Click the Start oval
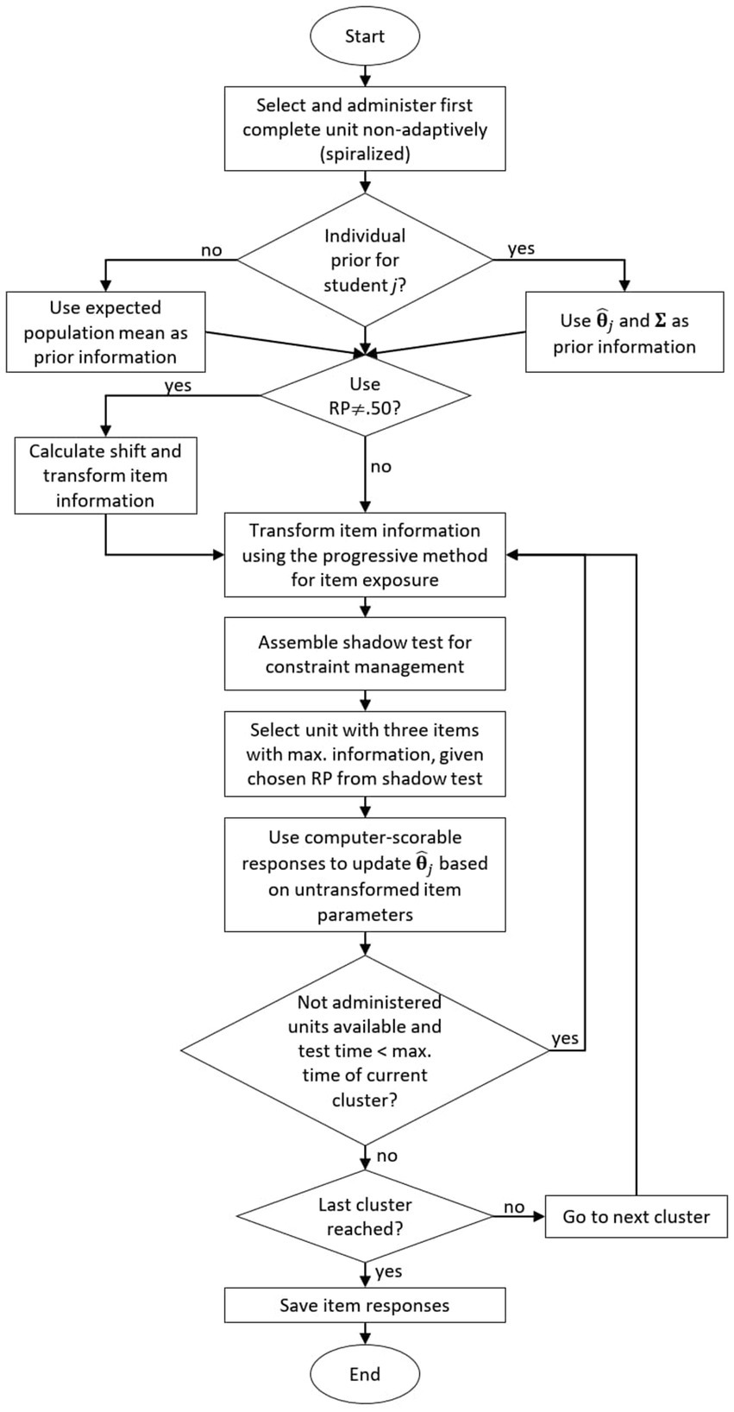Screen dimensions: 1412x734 [x=365, y=36]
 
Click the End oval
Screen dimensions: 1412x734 [x=365, y=1373]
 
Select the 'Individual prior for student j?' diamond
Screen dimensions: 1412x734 [x=365, y=260]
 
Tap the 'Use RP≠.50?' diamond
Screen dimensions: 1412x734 [x=365, y=396]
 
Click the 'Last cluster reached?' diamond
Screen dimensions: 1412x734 [x=365, y=1216]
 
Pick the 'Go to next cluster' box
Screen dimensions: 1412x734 [x=636, y=1216]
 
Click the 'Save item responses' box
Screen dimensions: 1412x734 [x=365, y=1305]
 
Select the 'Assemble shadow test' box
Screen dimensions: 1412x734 [x=365, y=654]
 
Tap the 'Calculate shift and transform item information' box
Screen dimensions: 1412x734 [x=105, y=476]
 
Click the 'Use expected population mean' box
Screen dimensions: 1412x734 [x=105, y=332]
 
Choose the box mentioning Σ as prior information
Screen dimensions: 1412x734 [x=624, y=332]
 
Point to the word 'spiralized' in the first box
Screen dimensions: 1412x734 [x=364, y=154]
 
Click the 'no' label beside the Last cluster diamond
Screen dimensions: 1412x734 [x=514, y=1207]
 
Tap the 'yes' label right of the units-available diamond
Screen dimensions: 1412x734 [x=565, y=1037]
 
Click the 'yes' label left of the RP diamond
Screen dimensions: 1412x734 [x=178, y=386]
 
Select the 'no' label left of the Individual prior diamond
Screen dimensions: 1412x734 [x=211, y=250]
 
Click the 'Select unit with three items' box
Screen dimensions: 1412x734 [x=365, y=753]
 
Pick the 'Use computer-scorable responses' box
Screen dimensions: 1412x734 [x=365, y=875]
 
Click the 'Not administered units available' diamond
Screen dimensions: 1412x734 [x=365, y=1050]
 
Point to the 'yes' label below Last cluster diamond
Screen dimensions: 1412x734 [x=388, y=1271]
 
